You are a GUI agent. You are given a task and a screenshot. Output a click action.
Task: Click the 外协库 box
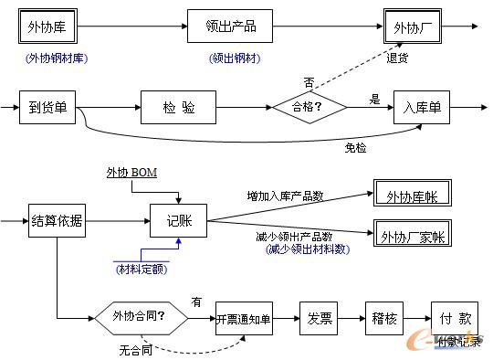tap(47, 26)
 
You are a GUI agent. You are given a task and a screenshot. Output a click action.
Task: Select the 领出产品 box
tap(230, 26)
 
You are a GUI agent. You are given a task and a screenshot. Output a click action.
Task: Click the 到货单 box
tap(47, 108)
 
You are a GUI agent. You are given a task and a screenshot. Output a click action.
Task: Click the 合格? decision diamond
tap(311, 108)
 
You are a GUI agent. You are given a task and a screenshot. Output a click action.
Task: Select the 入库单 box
tap(422, 108)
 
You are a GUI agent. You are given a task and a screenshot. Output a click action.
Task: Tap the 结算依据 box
tap(57, 221)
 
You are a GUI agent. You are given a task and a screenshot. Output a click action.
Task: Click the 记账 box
tap(179, 221)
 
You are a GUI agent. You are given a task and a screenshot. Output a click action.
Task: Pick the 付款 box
tap(454, 319)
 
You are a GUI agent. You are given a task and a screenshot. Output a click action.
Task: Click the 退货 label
tap(397, 58)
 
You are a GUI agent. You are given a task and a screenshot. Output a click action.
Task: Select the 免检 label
tap(355, 146)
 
